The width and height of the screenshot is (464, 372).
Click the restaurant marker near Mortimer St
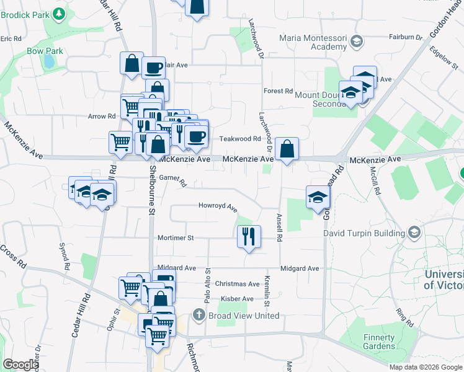(x=249, y=236)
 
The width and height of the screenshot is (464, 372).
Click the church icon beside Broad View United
(x=199, y=316)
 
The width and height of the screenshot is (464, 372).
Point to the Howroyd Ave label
(x=218, y=206)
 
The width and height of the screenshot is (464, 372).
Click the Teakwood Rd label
(x=239, y=139)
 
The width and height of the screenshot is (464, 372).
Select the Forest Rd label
(x=277, y=91)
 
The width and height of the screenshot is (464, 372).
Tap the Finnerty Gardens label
(x=379, y=342)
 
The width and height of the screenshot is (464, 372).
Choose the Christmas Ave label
(x=237, y=284)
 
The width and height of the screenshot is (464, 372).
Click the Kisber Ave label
(x=237, y=299)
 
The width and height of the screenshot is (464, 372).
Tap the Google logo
(x=21, y=365)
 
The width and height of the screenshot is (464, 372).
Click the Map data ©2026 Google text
(x=426, y=367)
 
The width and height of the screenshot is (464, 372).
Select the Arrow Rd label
(x=102, y=116)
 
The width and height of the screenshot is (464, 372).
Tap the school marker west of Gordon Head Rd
(x=318, y=197)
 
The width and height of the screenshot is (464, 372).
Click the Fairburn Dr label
(x=405, y=37)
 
